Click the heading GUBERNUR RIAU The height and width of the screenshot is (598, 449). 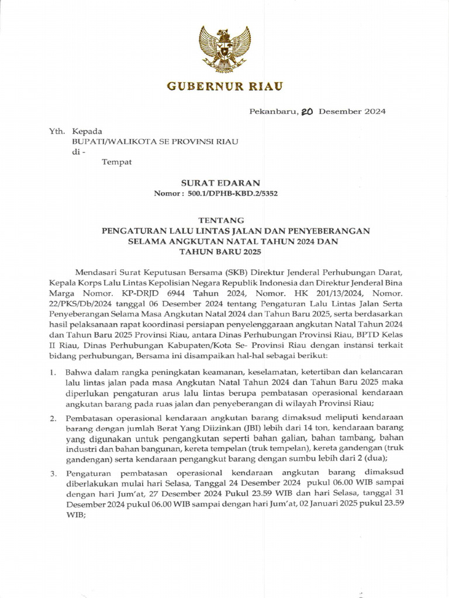coord(224,86)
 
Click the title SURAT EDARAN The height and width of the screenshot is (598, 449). coord(224,183)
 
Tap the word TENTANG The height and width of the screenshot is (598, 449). coord(224,220)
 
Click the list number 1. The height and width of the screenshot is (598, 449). coord(53,372)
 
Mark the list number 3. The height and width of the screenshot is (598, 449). coord(53,472)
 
